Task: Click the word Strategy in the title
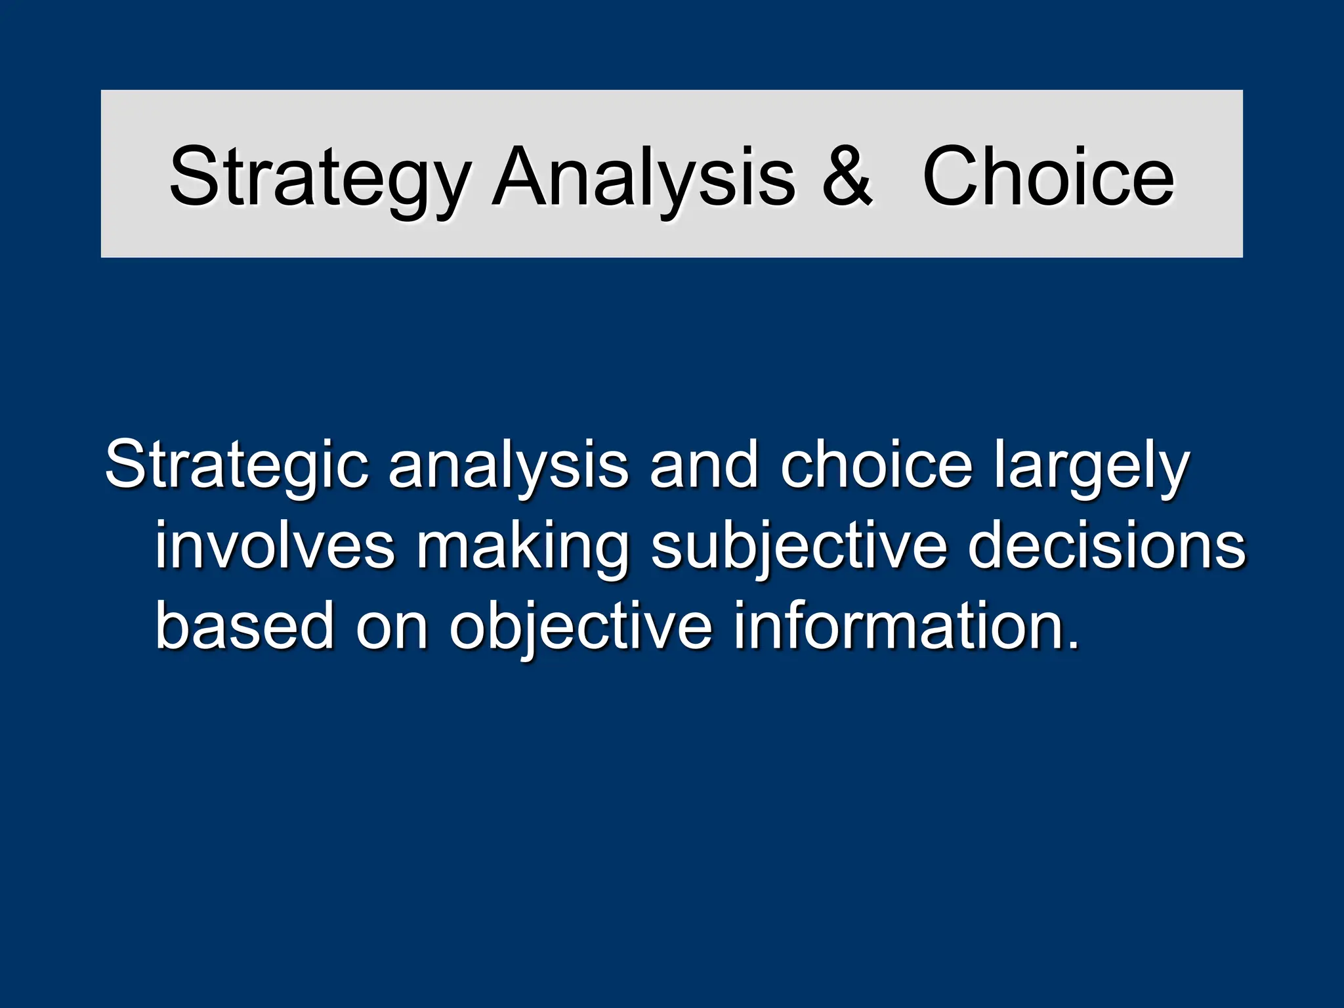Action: (x=320, y=177)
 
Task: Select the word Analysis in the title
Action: (x=644, y=177)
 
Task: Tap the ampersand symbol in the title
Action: (x=847, y=176)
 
